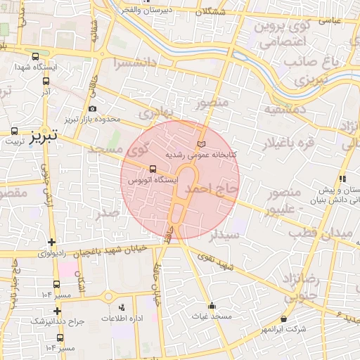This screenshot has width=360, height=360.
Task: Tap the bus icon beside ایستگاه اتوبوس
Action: tap(153, 169)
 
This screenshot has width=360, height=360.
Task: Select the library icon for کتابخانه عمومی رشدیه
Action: tap(202, 143)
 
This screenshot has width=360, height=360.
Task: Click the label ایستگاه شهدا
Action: tap(35, 68)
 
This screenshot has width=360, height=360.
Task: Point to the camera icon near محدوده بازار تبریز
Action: tap(93, 108)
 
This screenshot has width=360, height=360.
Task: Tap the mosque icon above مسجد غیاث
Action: tap(212, 306)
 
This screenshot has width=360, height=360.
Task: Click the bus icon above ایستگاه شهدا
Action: tap(36, 57)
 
